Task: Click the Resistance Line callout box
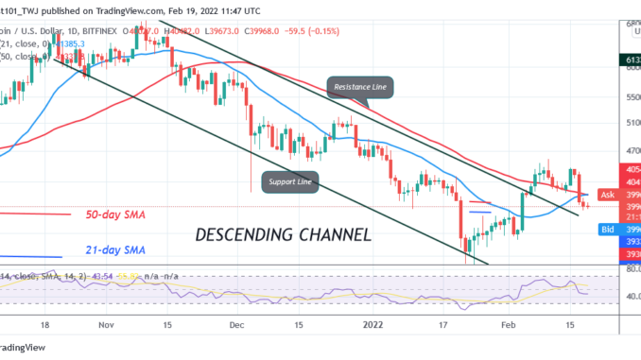[x=361, y=88]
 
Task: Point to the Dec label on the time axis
[x=235, y=322]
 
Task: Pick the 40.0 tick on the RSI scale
[x=626, y=296]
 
